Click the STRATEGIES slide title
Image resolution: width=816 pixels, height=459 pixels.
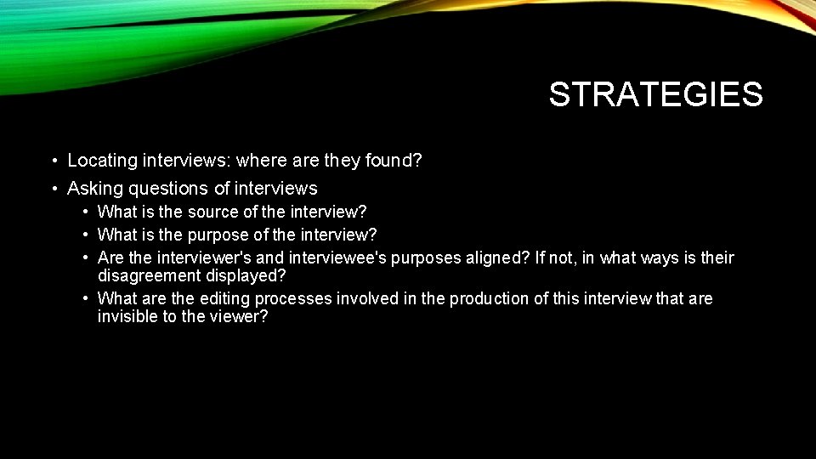pyautogui.click(x=655, y=94)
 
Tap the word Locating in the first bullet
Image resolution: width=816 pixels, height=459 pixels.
pyautogui.click(x=101, y=160)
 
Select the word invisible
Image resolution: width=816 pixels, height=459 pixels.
pyautogui.click(x=127, y=316)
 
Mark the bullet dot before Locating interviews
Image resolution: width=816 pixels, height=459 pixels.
pyautogui.click(x=54, y=161)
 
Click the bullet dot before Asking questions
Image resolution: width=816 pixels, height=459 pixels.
pyautogui.click(x=54, y=189)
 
